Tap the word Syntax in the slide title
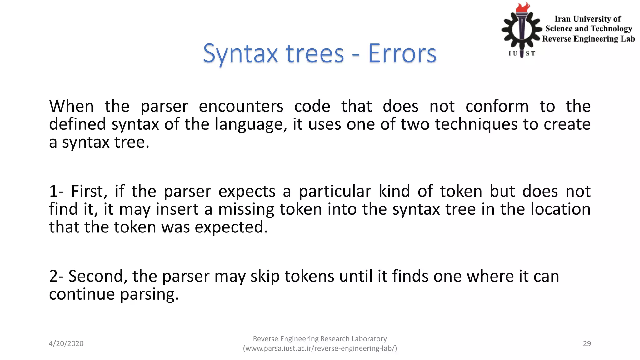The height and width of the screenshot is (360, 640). click(x=240, y=54)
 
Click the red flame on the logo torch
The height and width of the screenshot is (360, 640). click(x=522, y=7)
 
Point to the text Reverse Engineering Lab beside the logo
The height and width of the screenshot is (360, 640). click(x=588, y=39)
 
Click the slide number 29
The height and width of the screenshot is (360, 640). click(x=587, y=343)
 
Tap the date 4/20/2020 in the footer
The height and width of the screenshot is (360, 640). click(x=66, y=343)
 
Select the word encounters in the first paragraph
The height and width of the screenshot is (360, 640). click(x=241, y=106)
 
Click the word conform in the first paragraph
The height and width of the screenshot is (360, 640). click(x=497, y=106)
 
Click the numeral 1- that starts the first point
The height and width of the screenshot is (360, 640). click(x=56, y=191)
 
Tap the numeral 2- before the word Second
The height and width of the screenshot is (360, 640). click(x=56, y=276)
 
